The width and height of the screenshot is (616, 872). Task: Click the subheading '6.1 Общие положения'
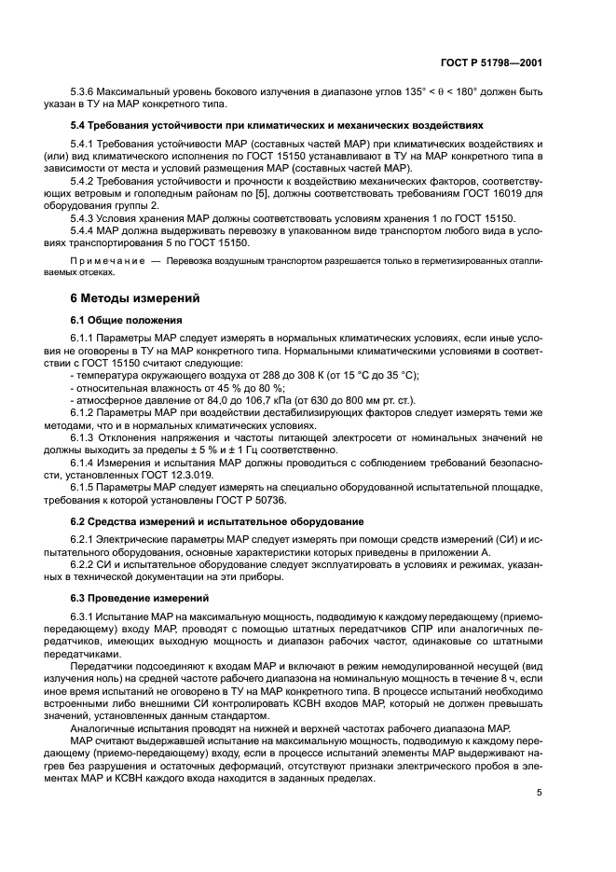tap(127, 319)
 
